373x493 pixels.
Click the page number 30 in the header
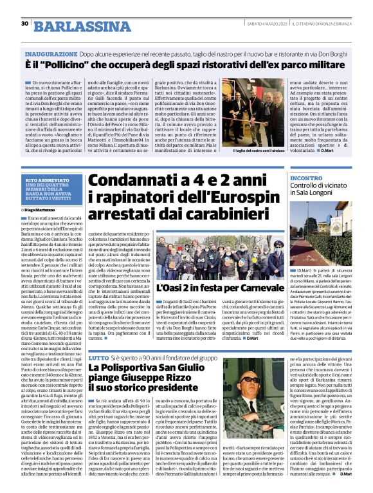click(x=24, y=23)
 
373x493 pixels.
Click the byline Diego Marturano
click(x=41, y=210)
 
